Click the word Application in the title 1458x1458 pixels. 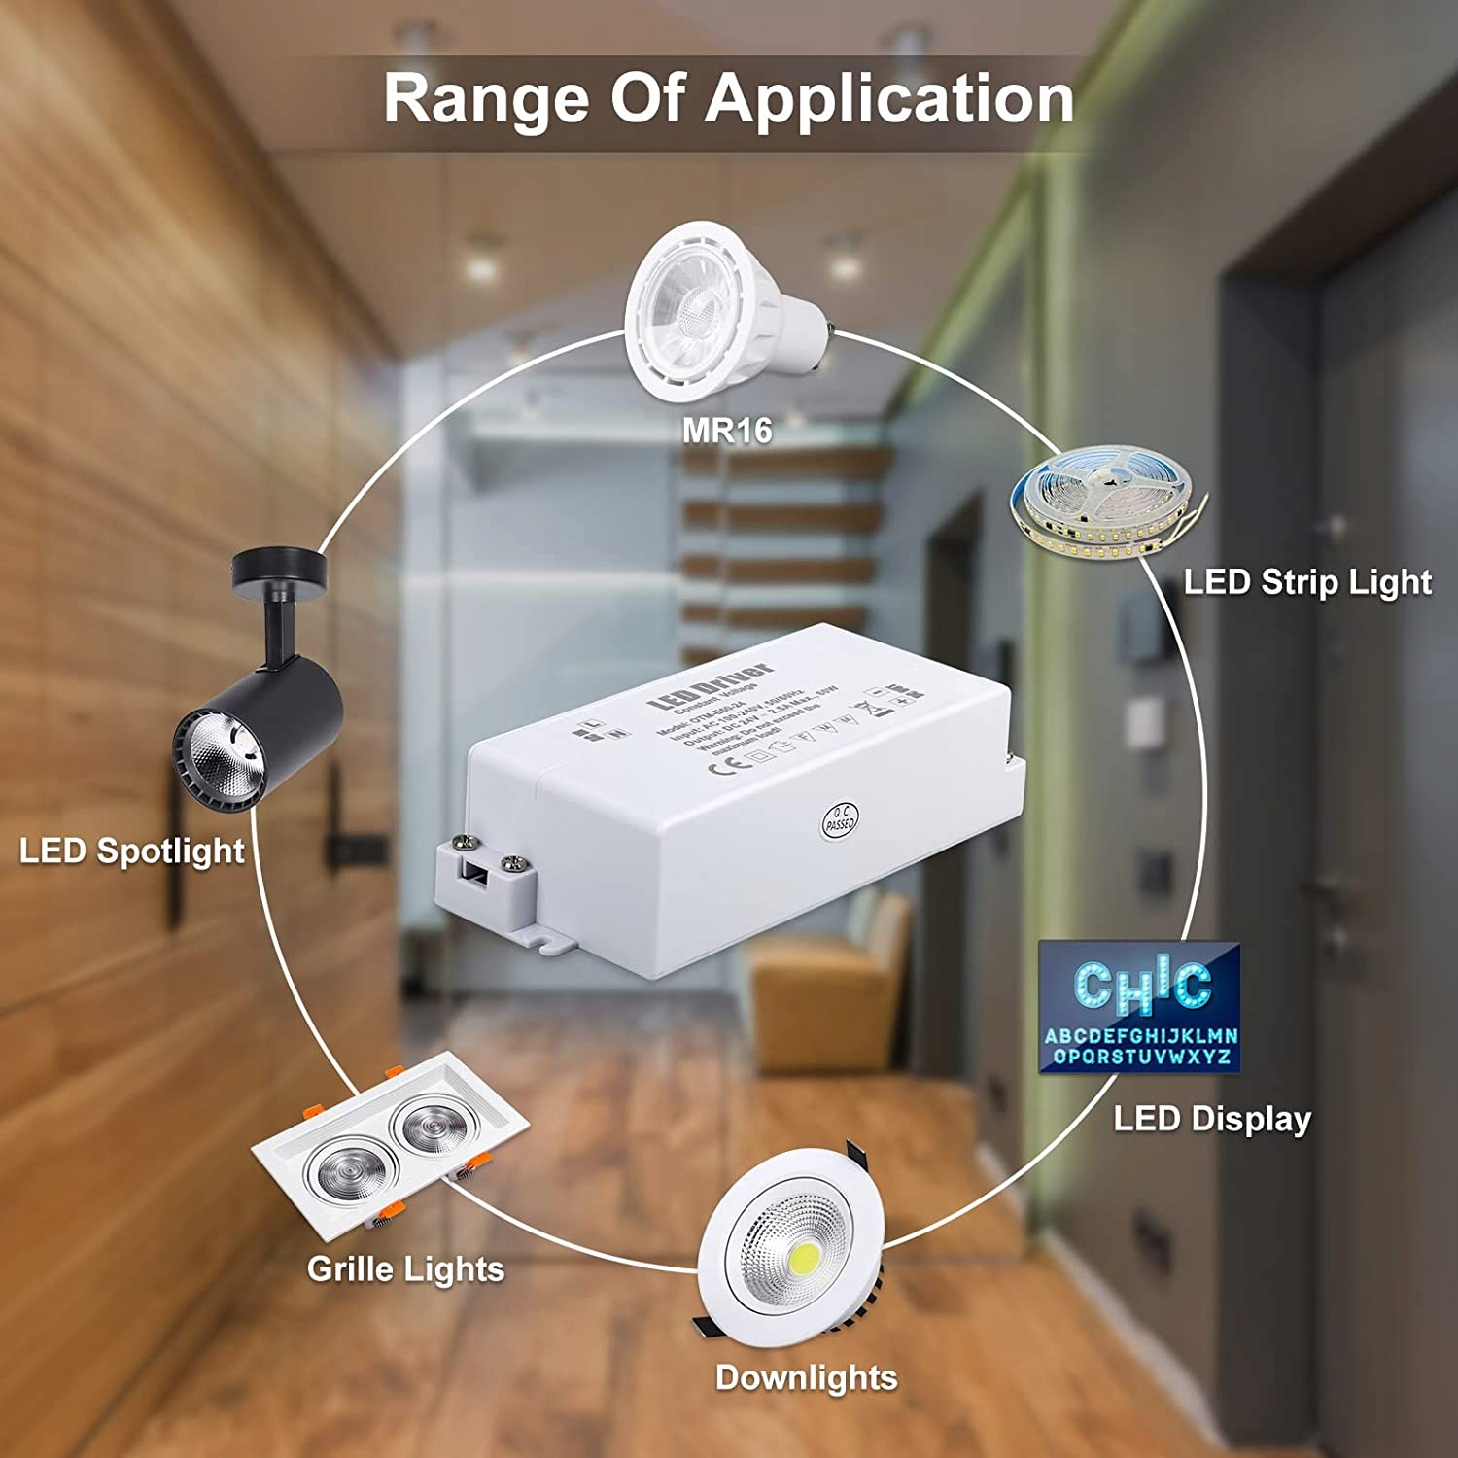point(889,100)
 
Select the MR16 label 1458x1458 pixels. point(727,430)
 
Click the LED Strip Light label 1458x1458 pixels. point(1307,582)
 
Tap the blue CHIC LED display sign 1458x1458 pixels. point(1139,1007)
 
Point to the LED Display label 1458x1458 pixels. point(1212,1119)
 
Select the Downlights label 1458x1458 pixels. point(806,1377)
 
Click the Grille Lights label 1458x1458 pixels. point(405,1268)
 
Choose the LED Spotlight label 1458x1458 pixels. point(131,850)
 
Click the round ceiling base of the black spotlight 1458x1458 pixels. point(279,569)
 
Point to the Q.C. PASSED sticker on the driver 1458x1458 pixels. point(840,820)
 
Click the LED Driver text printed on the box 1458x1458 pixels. point(710,686)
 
